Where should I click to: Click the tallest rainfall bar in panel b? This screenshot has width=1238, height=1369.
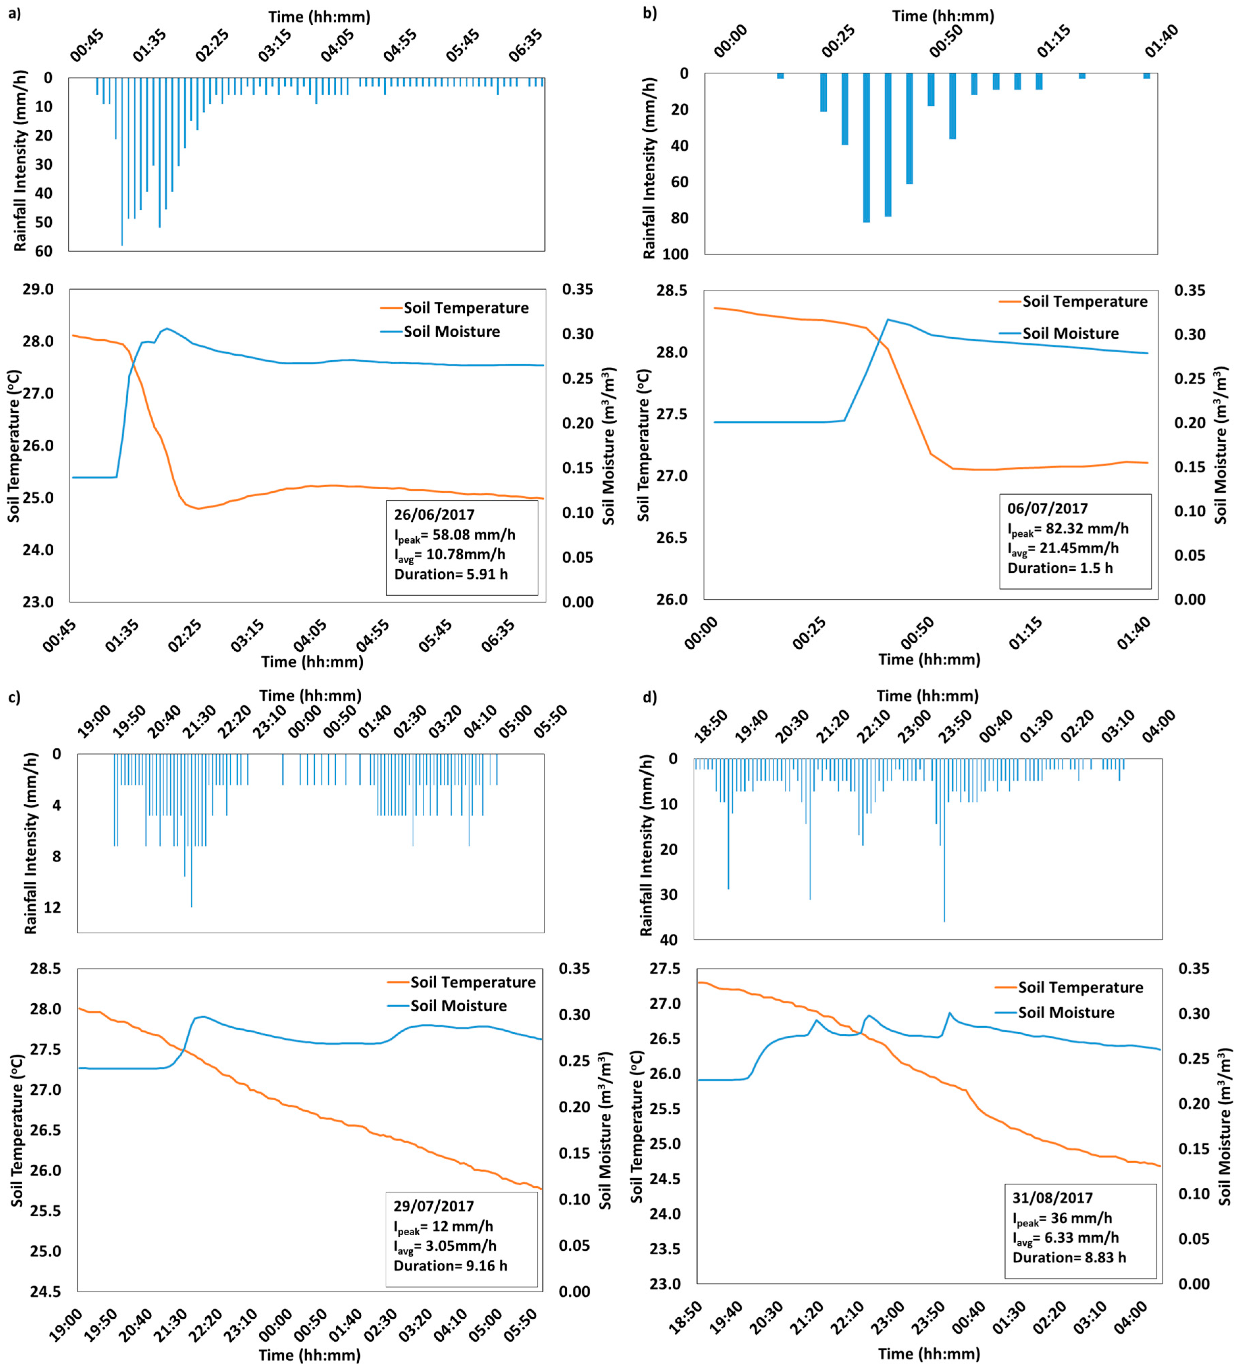[867, 147]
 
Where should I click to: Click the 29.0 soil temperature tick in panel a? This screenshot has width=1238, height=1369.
[39, 289]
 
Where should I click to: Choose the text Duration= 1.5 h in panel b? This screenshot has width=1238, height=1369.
[1060, 568]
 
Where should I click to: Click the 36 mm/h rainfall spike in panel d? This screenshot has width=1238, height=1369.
[944, 840]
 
